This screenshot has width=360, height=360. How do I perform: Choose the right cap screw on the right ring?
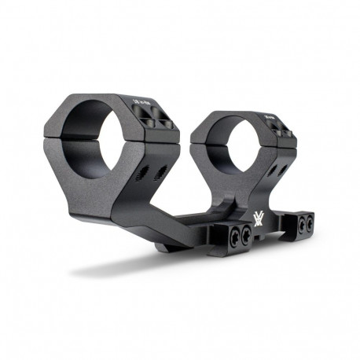pos(288,134)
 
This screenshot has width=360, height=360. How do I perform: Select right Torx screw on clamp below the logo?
pos(247,233)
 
